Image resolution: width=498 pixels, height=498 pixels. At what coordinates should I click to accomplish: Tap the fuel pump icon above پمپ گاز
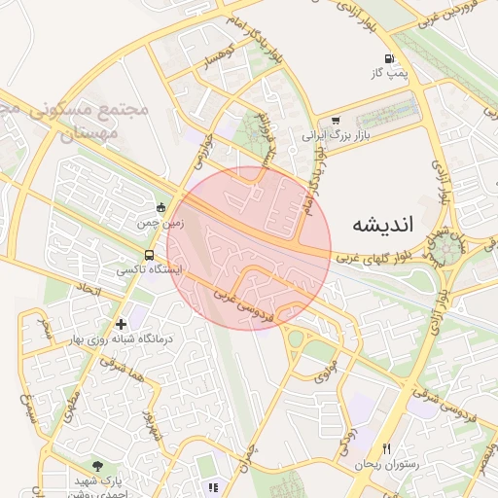click(391, 57)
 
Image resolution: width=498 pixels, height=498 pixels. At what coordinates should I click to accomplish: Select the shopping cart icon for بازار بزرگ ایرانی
click(336, 122)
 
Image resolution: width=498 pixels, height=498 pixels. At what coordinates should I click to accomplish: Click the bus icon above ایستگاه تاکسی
click(148, 254)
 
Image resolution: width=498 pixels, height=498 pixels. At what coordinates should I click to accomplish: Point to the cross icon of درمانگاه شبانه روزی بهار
click(121, 323)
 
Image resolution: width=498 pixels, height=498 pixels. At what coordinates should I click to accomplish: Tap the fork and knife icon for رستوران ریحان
click(387, 448)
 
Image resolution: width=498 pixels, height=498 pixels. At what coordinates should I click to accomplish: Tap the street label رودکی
click(346, 443)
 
